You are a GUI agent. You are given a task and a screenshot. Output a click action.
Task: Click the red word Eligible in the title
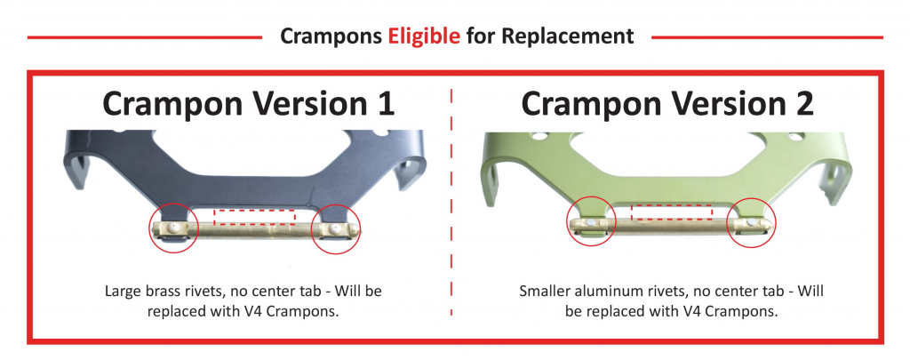(x=424, y=36)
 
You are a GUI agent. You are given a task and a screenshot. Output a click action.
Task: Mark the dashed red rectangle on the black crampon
(x=255, y=210)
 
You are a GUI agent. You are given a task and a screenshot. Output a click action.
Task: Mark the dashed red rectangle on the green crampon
(x=672, y=205)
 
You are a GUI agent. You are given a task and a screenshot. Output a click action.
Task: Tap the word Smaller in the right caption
(x=543, y=291)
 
